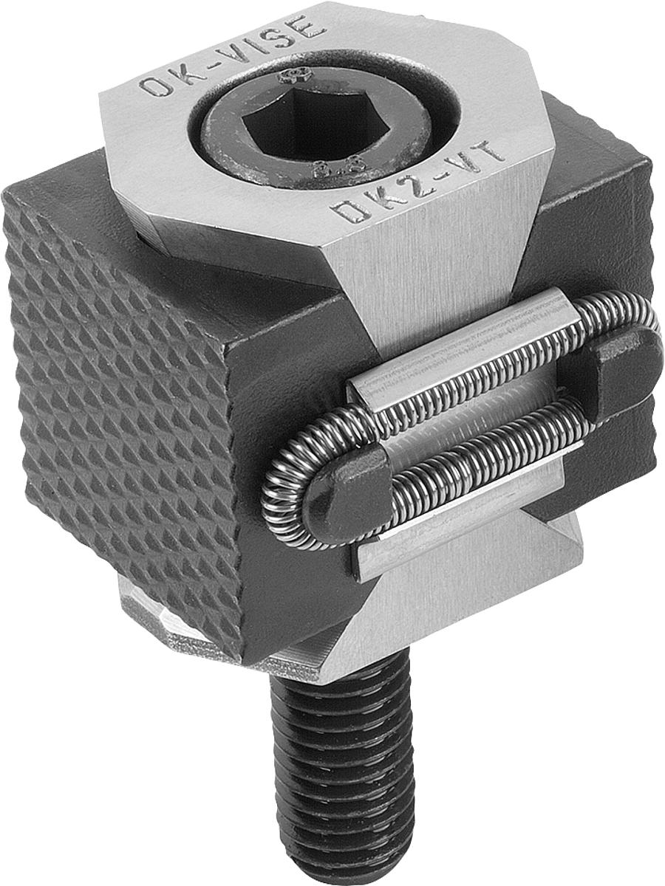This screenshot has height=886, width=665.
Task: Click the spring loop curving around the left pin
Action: [x=284, y=487]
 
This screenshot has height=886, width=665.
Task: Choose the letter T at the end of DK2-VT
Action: [x=491, y=151]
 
